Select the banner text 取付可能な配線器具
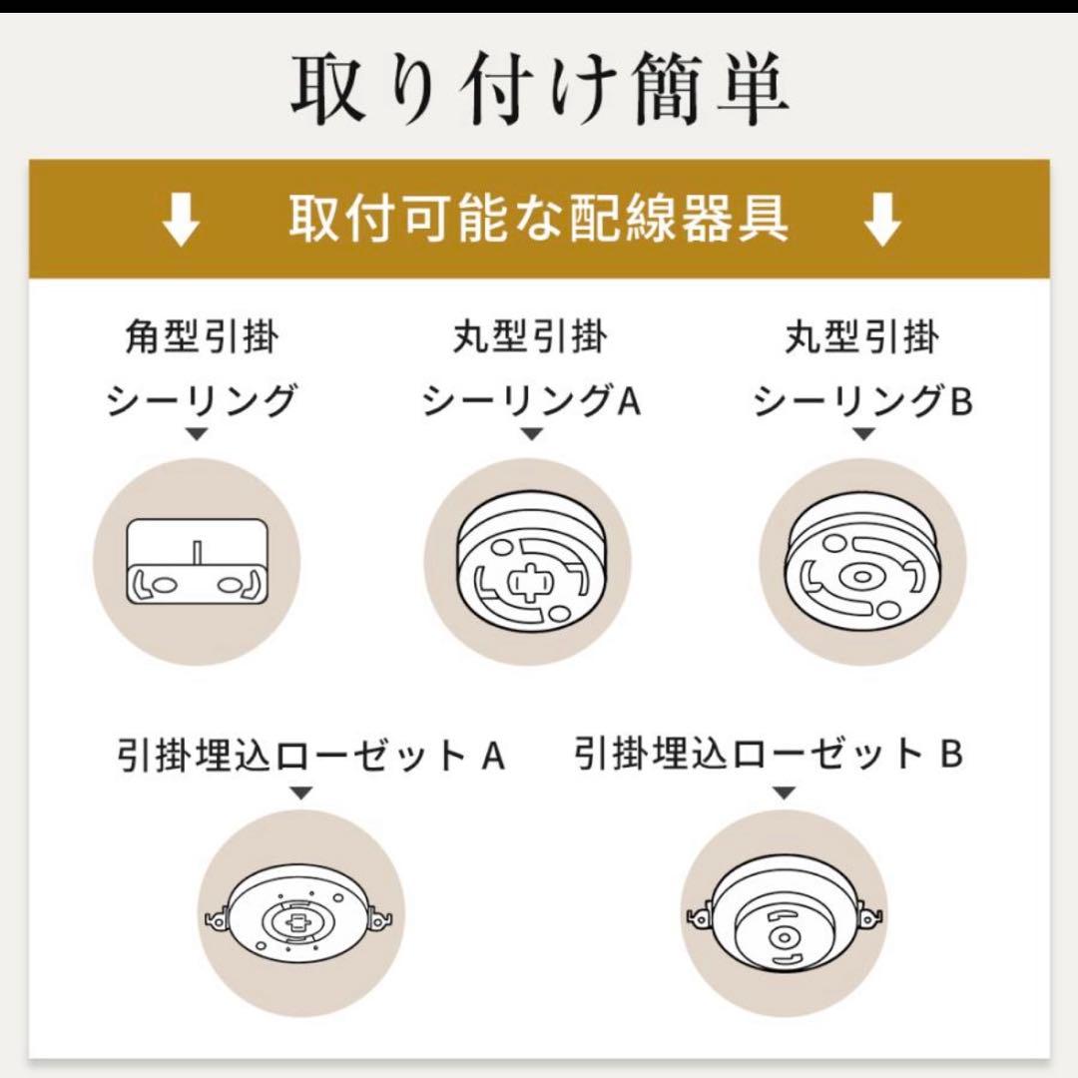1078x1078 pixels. (539, 219)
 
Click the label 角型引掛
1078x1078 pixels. (203, 338)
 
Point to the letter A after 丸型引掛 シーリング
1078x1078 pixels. (628, 401)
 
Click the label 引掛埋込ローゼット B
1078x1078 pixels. (769, 755)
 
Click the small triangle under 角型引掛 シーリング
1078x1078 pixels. (197, 434)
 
